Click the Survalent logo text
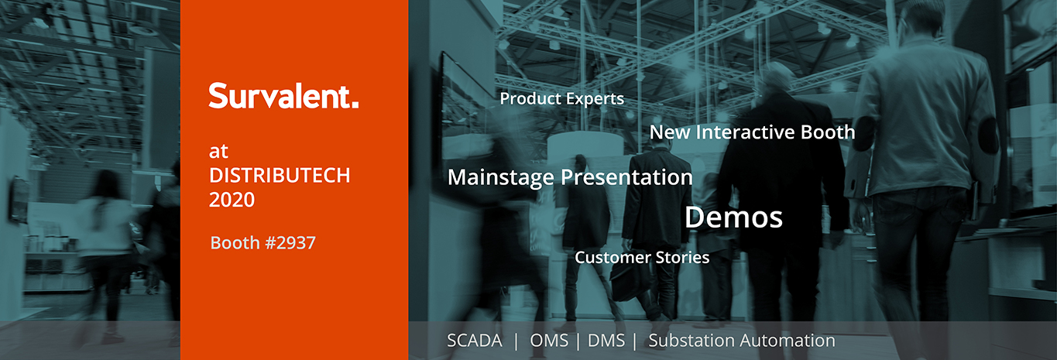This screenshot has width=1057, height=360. [x=283, y=96]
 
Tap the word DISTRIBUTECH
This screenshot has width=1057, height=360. [x=280, y=176]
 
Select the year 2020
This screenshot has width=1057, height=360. [x=232, y=200]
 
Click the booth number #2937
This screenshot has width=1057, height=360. [x=290, y=243]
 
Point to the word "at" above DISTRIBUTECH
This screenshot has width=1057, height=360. [x=218, y=152]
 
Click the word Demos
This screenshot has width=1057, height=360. [x=734, y=218]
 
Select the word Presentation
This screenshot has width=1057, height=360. [x=626, y=177]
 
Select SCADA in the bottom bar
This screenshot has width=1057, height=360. [x=475, y=341]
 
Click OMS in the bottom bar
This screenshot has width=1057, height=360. [x=549, y=341]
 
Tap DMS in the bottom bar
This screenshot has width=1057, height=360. [x=606, y=341]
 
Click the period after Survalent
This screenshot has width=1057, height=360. [x=355, y=105]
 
